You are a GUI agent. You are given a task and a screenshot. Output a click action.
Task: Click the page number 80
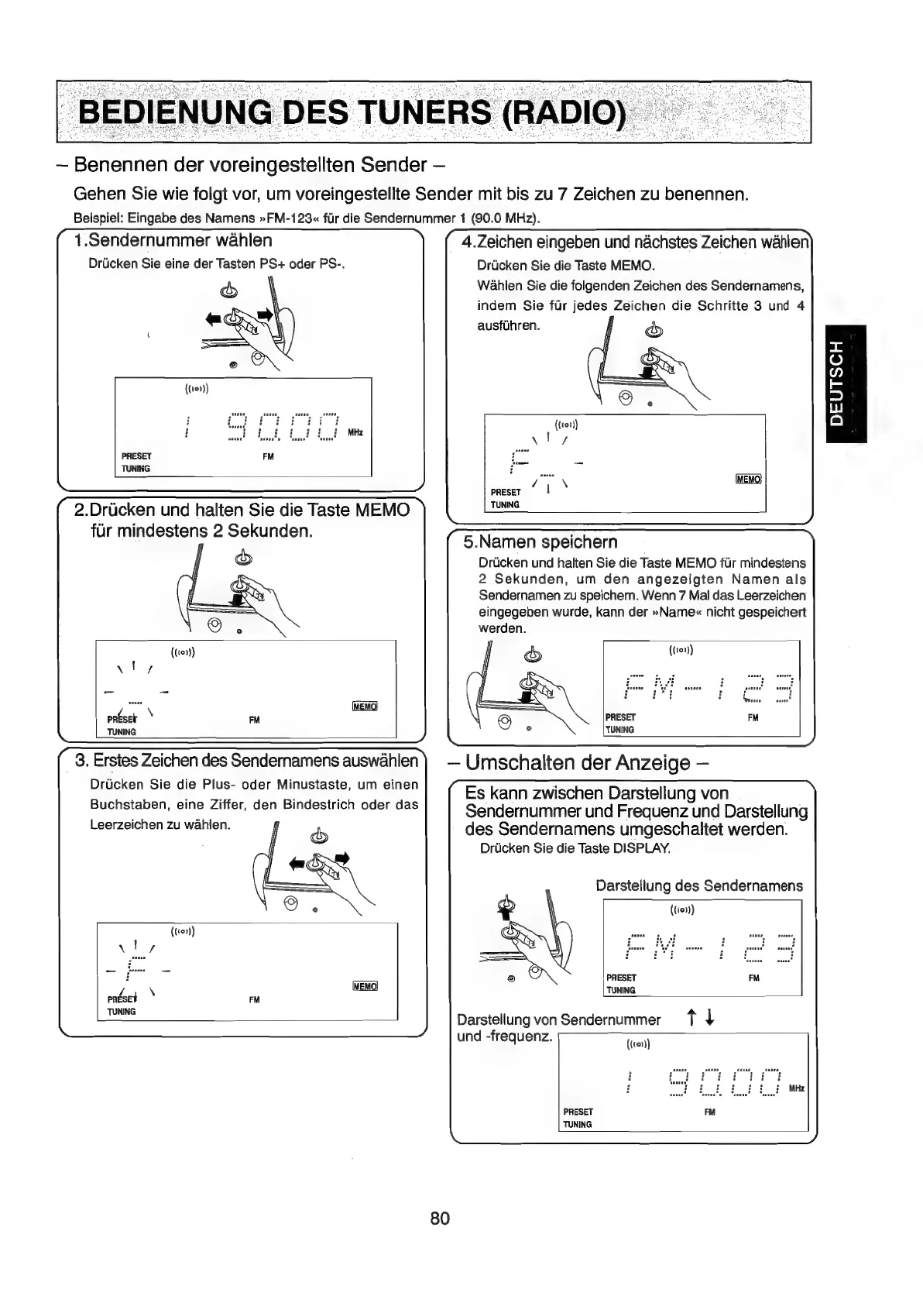pyautogui.click(x=440, y=1219)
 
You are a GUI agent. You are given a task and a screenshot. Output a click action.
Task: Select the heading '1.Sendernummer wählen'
pyautogui.click(x=172, y=241)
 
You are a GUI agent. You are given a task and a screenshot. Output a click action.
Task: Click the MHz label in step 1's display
pyautogui.click(x=355, y=432)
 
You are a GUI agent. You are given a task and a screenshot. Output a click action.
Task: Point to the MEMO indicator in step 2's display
pyautogui.click(x=364, y=707)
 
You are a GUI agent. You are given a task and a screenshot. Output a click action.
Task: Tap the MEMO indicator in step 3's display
pyautogui.click(x=364, y=986)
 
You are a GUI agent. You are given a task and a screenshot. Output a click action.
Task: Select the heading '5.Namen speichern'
pyautogui.click(x=540, y=541)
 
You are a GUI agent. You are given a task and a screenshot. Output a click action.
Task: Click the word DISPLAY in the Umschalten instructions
pyautogui.click(x=640, y=848)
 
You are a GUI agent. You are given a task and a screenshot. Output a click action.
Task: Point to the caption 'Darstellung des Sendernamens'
pyautogui.click(x=699, y=885)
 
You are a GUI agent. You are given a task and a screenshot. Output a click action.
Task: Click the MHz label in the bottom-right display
pyautogui.click(x=796, y=1088)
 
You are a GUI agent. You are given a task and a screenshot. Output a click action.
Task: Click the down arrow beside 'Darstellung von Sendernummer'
pyautogui.click(x=709, y=1019)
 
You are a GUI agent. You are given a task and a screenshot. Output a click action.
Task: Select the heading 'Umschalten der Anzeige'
pyautogui.click(x=578, y=763)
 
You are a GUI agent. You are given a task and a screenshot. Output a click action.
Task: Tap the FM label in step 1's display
pyautogui.click(x=268, y=456)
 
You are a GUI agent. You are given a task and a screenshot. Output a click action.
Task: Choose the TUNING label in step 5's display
pyautogui.click(x=620, y=729)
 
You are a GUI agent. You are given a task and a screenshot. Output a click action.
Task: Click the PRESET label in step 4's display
pyautogui.click(x=506, y=492)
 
